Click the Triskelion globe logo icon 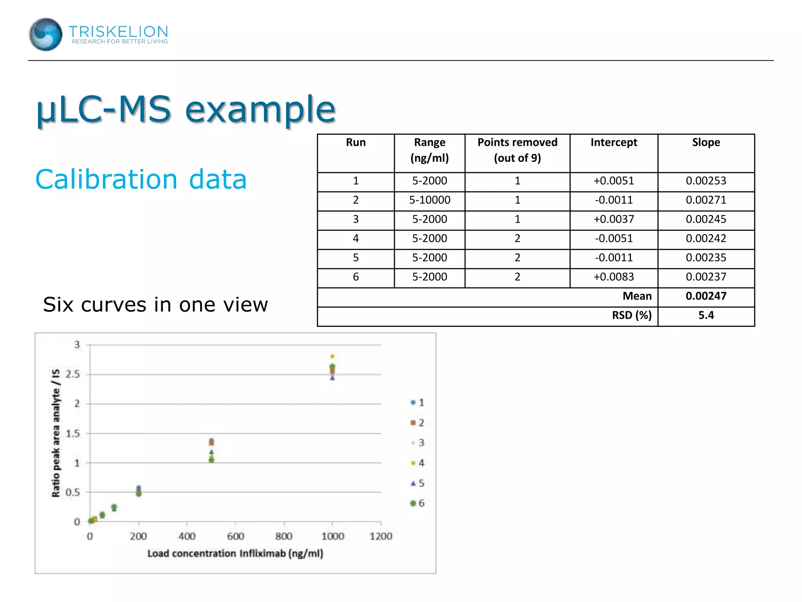(45, 34)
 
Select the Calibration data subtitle (141, 180)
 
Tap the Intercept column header (614, 142)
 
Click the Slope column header (706, 142)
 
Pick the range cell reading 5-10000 (430, 200)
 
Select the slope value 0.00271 (706, 200)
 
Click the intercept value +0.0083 (614, 277)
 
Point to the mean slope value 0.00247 (706, 296)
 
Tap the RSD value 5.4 (706, 315)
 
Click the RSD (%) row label (632, 315)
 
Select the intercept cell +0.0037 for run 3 (614, 219)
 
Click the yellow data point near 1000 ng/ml (332, 356)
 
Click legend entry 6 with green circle (417, 503)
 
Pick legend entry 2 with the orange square (417, 423)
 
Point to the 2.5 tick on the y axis (73, 374)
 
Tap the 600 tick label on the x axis (235, 536)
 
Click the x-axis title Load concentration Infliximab (235, 553)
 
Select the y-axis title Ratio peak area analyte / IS (56, 433)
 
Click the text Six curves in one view (155, 305)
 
